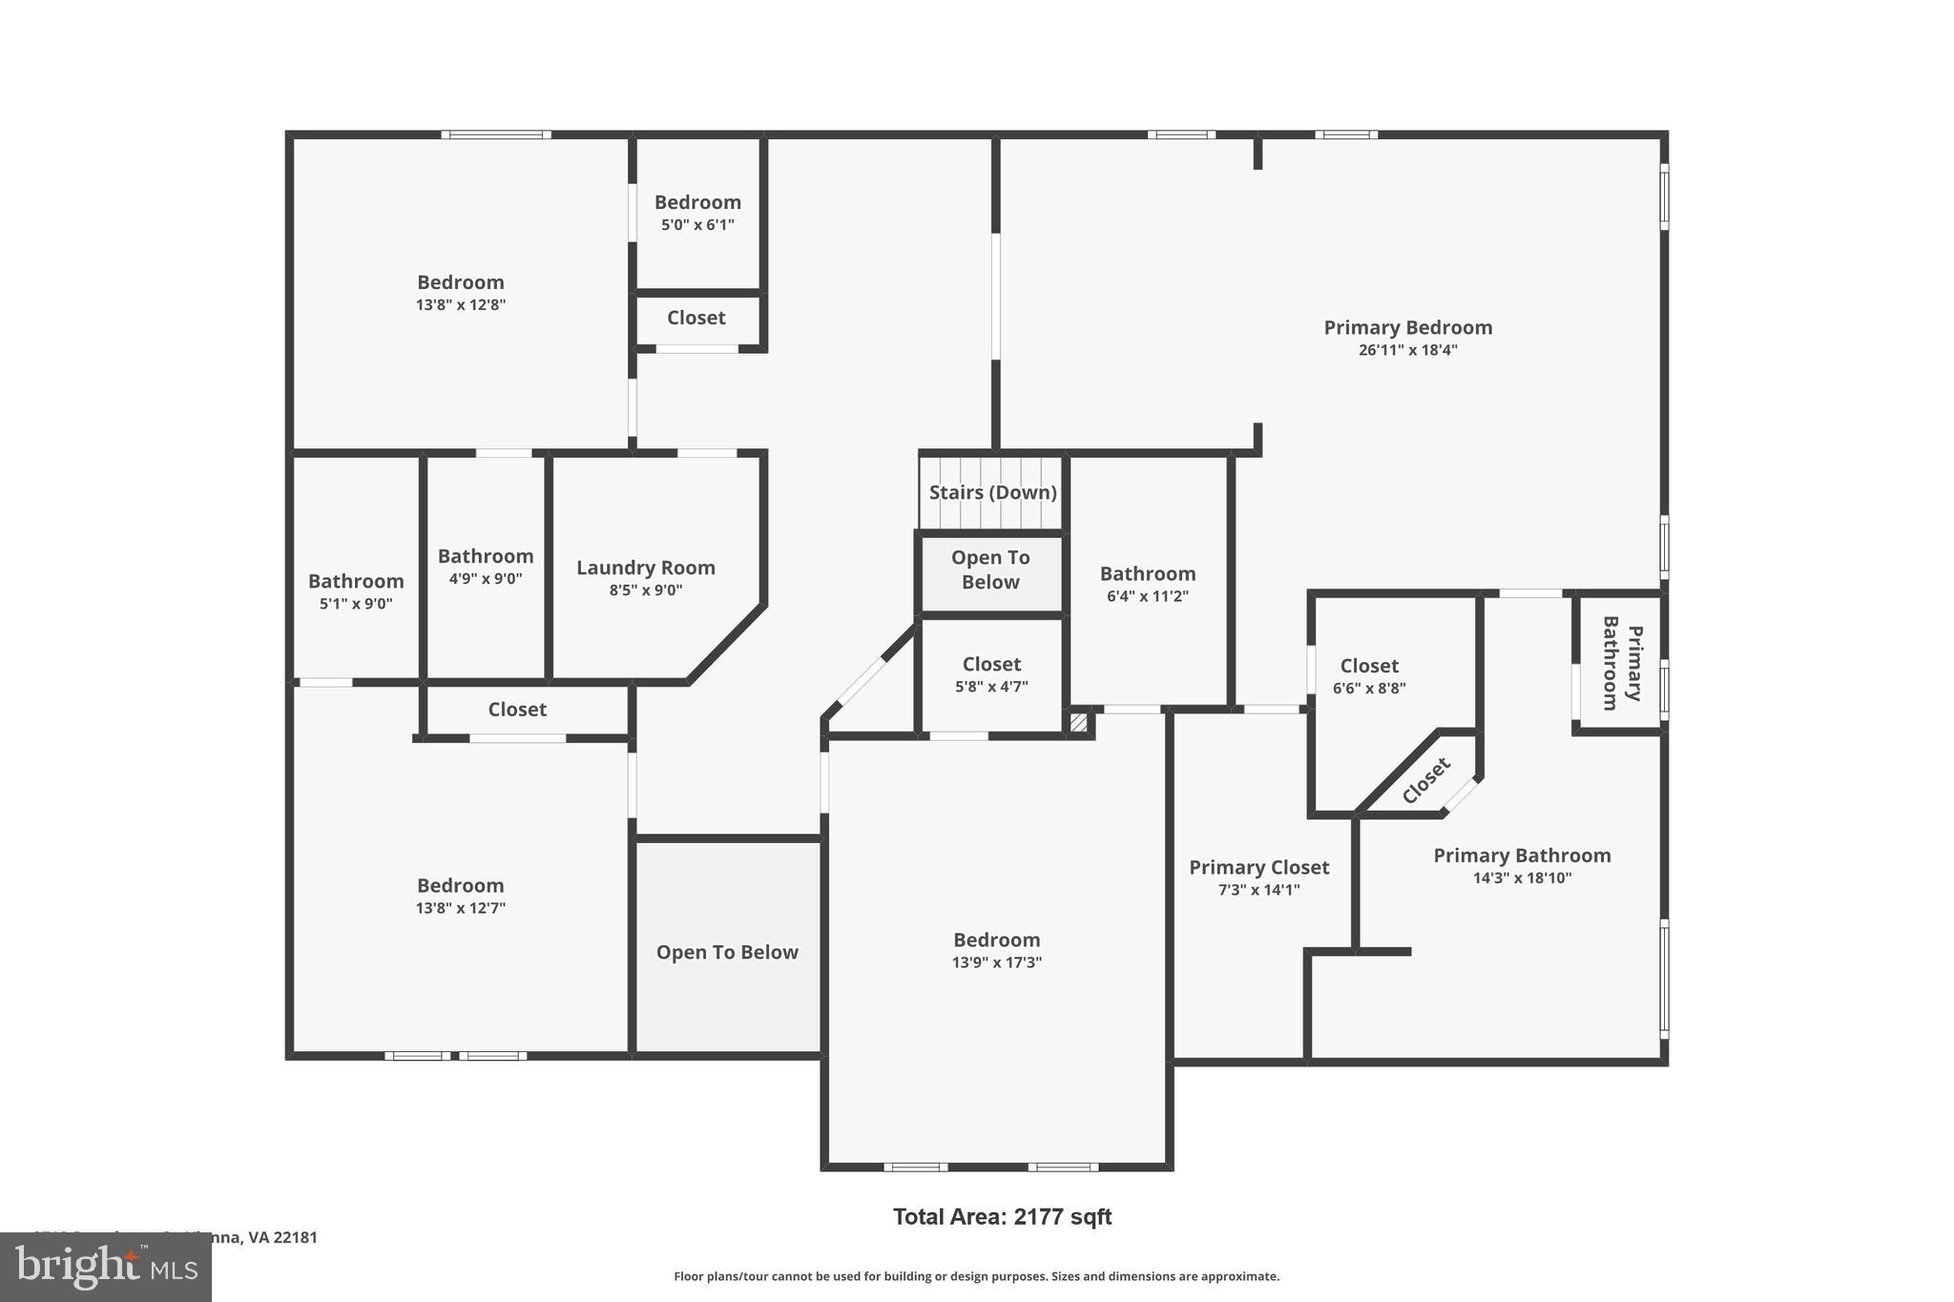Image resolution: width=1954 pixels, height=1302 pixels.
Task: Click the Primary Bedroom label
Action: coord(1407,327)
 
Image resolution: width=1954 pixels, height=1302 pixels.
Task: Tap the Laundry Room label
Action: coord(646,568)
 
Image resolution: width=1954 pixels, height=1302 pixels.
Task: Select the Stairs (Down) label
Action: coord(992,492)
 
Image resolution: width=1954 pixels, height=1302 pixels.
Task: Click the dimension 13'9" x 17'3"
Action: coord(996,962)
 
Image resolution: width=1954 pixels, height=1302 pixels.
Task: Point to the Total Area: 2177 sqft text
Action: coord(1002,1216)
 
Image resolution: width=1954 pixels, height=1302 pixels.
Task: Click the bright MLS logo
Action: coord(105,1267)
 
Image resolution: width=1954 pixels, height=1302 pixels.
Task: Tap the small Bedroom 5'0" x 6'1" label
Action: coord(697,202)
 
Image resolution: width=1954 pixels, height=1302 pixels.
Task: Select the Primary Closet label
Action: coord(1258,867)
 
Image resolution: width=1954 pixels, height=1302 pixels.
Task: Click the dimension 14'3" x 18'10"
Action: coord(1522,878)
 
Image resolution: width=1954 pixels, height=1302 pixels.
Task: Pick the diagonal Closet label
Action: coord(1425,780)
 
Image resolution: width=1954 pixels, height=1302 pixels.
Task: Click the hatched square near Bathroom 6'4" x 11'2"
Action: coord(1078,723)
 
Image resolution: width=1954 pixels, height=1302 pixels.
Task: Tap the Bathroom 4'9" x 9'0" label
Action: coord(486,556)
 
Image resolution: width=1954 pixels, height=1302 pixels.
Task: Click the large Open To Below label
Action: coord(727,952)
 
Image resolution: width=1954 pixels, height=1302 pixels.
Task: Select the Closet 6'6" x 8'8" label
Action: coord(1369,666)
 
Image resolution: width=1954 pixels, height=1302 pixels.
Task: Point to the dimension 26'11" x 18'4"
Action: coord(1407,350)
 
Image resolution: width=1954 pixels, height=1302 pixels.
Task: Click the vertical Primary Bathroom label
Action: coord(1622,663)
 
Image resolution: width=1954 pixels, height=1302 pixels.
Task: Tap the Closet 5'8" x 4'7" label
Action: coord(991,664)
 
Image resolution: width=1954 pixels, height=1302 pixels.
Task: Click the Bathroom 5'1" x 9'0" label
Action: coord(356,581)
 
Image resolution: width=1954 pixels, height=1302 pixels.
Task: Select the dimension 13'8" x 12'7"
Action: coord(460,908)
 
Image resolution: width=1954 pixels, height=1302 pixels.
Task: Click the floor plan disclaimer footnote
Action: coord(976,1276)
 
